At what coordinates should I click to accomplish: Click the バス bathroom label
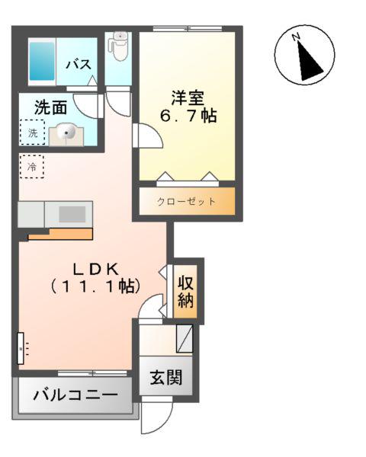79,65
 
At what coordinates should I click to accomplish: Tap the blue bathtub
41,62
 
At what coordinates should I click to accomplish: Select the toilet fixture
119,46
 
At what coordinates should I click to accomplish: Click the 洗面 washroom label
50,108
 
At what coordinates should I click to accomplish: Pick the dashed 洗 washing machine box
32,133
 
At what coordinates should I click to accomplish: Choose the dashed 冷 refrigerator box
31,166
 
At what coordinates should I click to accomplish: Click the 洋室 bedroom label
187,97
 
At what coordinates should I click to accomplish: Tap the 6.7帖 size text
186,117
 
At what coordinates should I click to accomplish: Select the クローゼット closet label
186,202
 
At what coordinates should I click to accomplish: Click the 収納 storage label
185,290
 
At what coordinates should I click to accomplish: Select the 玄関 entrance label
165,378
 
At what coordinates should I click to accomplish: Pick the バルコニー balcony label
75,396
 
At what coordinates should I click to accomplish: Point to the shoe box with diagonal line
184,337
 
